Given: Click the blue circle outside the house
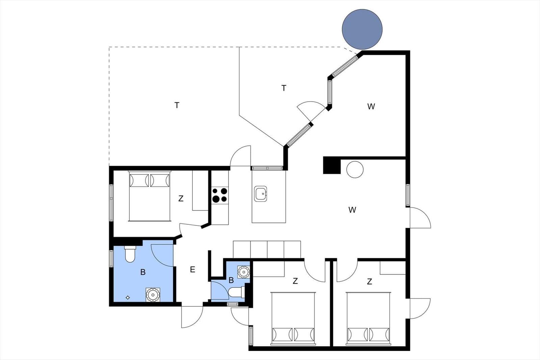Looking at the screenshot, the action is click(x=362, y=29).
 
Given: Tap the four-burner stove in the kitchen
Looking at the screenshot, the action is click(x=220, y=195).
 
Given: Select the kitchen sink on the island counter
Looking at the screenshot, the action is click(x=260, y=193).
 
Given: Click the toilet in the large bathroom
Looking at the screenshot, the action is click(x=130, y=254).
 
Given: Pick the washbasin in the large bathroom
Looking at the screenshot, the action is click(x=153, y=295).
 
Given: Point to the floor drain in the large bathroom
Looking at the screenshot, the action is click(x=128, y=298).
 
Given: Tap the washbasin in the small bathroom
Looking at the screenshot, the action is click(x=243, y=272).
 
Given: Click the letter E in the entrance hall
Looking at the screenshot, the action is click(x=192, y=269).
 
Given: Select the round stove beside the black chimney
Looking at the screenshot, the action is click(x=355, y=170).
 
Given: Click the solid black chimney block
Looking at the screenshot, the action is click(x=332, y=165).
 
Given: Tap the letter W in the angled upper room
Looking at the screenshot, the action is click(x=371, y=106).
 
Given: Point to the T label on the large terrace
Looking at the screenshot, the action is click(x=177, y=105).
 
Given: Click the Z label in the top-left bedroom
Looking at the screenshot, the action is click(x=181, y=198).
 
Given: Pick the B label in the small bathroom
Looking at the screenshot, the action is click(x=231, y=280).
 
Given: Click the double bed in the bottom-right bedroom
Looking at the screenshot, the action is click(x=368, y=319).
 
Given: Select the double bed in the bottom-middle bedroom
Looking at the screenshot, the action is click(x=293, y=319).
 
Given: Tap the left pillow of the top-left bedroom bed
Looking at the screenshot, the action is click(x=139, y=180).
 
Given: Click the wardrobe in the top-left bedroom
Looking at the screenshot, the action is click(x=200, y=190).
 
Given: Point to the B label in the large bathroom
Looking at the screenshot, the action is click(x=143, y=272).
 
